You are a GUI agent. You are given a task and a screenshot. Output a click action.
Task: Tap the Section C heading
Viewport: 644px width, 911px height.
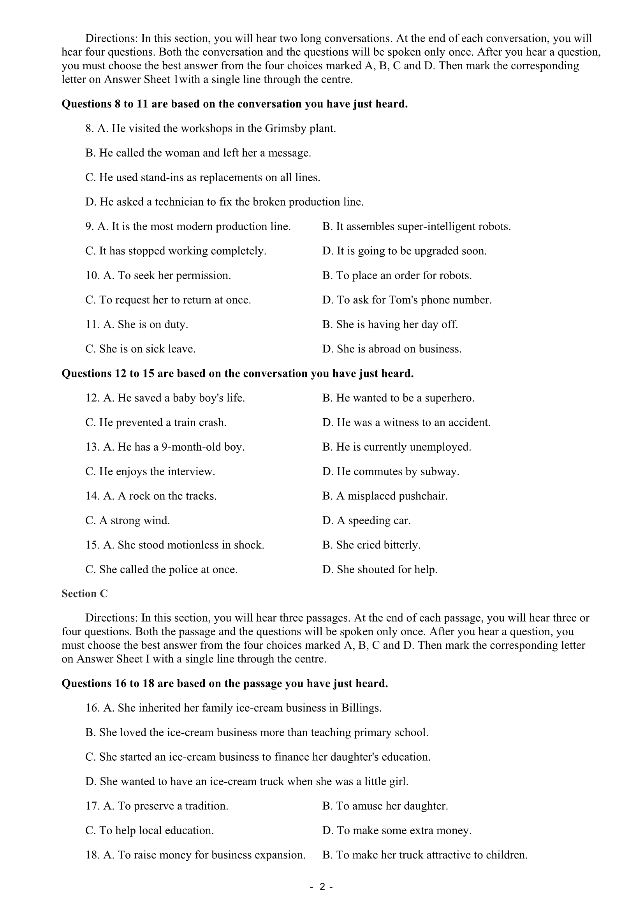tap(84, 594)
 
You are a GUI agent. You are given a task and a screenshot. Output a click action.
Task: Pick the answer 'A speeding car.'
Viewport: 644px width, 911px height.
tap(366, 521)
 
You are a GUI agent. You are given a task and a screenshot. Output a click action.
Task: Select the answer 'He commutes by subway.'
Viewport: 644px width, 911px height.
tap(391, 472)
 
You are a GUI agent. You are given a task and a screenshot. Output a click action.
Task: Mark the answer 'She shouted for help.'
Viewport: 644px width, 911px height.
tap(380, 570)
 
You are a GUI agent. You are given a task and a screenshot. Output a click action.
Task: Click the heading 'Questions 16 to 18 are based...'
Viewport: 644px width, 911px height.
tap(224, 683)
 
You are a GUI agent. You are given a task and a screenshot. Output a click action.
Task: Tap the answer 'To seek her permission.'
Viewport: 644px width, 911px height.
tap(167, 275)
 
